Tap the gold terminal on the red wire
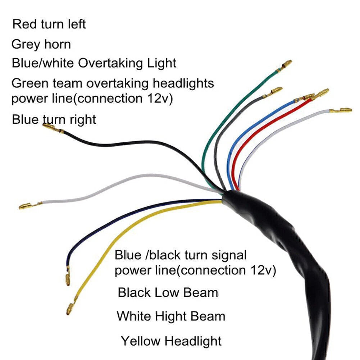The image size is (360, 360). click(x=320, y=94)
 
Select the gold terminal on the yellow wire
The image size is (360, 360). click(x=72, y=306)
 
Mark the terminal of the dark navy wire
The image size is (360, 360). click(x=68, y=276)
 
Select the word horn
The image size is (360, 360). click(x=58, y=44)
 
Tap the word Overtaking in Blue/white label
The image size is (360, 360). click(x=110, y=63)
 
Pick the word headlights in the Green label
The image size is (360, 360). click(x=183, y=83)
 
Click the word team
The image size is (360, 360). click(x=67, y=83)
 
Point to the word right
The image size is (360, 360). click(x=83, y=120)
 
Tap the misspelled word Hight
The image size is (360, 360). click(x=170, y=316)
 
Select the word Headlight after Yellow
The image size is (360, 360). click(x=193, y=341)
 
